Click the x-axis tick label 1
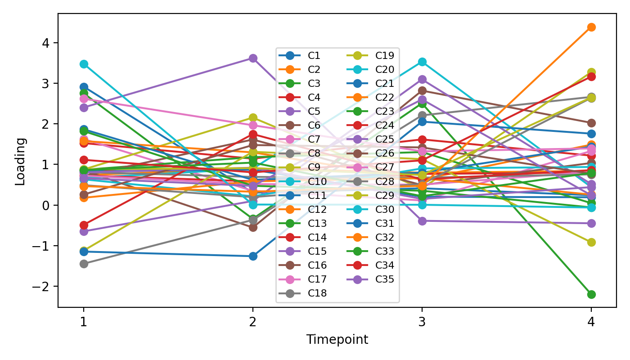tap(84, 322)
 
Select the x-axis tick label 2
tap(253, 322)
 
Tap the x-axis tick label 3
tap(422, 322)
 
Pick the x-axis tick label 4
tap(591, 322)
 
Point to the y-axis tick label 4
tap(49, 43)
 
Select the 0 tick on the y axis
tap(49, 206)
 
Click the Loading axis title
tap(20, 161)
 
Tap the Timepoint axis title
tap(337, 340)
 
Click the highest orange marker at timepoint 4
tap(591, 27)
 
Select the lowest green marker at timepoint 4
tap(591, 294)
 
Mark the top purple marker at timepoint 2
tap(253, 58)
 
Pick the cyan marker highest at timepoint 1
tap(84, 64)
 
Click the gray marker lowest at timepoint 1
tap(84, 264)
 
